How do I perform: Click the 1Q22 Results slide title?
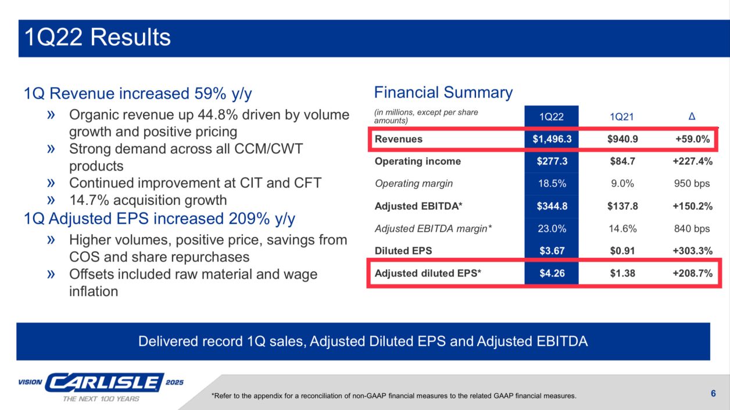pyautogui.click(x=98, y=37)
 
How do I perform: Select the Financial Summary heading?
pyautogui.click(x=443, y=92)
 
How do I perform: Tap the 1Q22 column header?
pyautogui.click(x=552, y=117)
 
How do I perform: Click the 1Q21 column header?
pyautogui.click(x=621, y=117)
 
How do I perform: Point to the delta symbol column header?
pyautogui.click(x=692, y=116)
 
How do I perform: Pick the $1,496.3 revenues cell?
pyautogui.click(x=552, y=139)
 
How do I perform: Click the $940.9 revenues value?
pyautogui.click(x=622, y=139)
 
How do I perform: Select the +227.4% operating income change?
pyautogui.click(x=693, y=161)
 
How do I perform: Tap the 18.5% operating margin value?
pyautogui.click(x=552, y=184)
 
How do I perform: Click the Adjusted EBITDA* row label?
pyautogui.click(x=418, y=206)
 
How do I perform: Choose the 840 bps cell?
pyautogui.click(x=692, y=229)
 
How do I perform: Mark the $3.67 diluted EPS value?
pyautogui.click(x=552, y=251)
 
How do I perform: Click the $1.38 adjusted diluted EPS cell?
pyautogui.click(x=622, y=273)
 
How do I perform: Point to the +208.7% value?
pyautogui.click(x=693, y=273)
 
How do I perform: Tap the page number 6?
pyautogui.click(x=713, y=393)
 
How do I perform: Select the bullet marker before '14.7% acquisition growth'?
pyautogui.click(x=51, y=200)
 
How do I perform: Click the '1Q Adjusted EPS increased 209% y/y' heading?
pyautogui.click(x=160, y=219)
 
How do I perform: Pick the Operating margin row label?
pyautogui.click(x=414, y=184)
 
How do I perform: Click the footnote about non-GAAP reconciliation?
pyautogui.click(x=394, y=396)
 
